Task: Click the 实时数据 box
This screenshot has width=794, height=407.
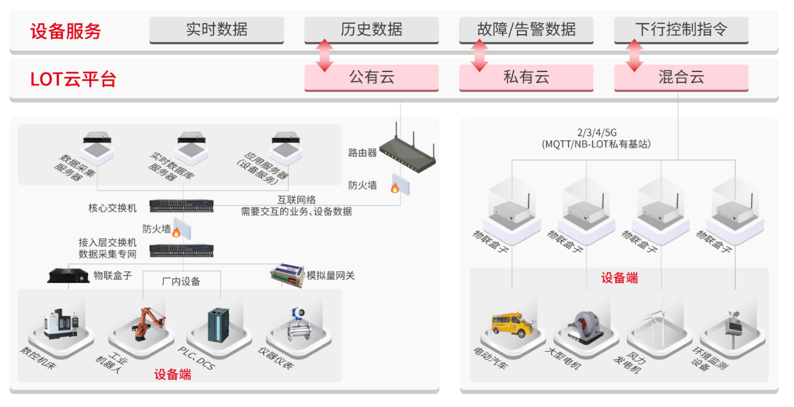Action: coord(217,30)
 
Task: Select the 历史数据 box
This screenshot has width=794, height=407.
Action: coord(372,30)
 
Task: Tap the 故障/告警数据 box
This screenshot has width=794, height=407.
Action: coord(526,30)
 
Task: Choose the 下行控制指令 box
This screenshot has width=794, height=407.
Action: coord(681,30)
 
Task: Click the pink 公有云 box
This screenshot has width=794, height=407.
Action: coord(372,78)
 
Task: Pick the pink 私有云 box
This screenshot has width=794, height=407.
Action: coord(526,78)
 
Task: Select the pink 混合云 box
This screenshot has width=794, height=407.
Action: coord(681,78)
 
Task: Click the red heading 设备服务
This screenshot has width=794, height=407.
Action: coord(66,31)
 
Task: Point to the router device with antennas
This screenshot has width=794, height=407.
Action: coord(408,152)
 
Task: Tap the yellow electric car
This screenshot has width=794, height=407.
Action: coord(512,323)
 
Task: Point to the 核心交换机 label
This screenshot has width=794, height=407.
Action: coord(113,208)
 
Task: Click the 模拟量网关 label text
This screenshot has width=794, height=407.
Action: coord(330,276)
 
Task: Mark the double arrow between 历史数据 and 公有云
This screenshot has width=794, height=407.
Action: coord(325,55)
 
